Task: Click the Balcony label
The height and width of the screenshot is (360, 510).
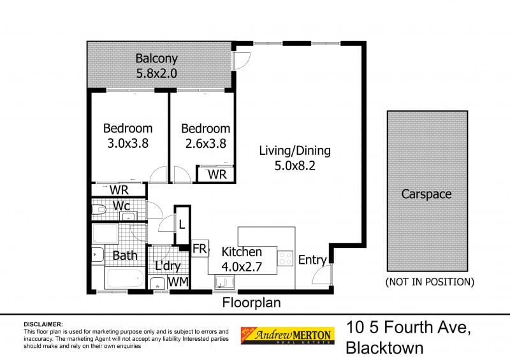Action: pos(156,59)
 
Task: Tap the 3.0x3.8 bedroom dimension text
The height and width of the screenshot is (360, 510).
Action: pos(127,143)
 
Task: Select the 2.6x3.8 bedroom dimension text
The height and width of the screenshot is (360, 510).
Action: pos(205,143)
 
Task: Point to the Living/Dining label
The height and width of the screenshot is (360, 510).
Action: pos(295,151)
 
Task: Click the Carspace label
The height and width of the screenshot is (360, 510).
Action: pos(426,194)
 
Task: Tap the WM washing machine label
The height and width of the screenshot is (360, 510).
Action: pos(178,281)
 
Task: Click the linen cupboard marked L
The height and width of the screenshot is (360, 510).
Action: pos(182,224)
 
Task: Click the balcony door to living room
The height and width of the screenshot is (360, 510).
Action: pos(240,60)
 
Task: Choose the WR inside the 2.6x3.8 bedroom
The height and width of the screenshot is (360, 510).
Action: pos(215,174)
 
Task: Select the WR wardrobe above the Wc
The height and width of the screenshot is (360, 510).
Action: pos(119,190)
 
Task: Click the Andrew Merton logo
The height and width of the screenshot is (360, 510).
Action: pos(286,335)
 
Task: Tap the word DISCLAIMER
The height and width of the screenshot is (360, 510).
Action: pos(43,324)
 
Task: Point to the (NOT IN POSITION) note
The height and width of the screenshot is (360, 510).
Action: pos(430,281)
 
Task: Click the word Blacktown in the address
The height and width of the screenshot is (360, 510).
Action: pos(384,349)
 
